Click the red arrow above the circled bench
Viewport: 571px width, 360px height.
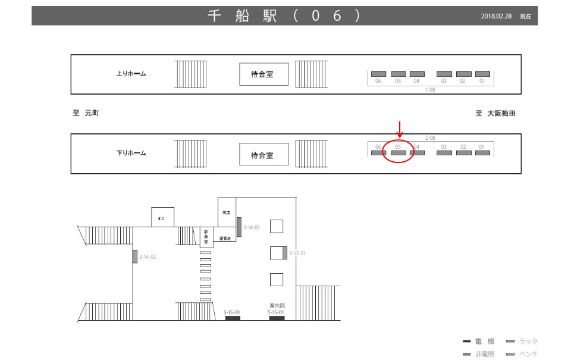tap(400, 129)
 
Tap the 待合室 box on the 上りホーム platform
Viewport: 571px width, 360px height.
tap(262, 74)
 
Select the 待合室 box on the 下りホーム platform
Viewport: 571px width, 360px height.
tap(262, 155)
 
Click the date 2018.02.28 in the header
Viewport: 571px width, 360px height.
tap(496, 17)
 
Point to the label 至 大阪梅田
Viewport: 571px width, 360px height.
tap(495, 114)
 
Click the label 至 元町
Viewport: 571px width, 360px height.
tap(86, 114)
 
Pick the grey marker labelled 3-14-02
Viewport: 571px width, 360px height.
tap(135, 256)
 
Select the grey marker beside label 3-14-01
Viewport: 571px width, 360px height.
tap(239, 227)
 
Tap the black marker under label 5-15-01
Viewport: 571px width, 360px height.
tap(277, 318)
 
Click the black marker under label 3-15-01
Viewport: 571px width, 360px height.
tap(233, 318)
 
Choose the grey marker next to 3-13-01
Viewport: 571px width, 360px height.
tap(285, 253)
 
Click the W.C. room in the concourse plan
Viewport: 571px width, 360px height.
tap(162, 217)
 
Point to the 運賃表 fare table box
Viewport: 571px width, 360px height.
tap(225, 237)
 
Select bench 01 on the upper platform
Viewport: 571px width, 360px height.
tap(482, 74)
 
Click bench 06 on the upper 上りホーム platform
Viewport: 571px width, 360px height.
tap(378, 74)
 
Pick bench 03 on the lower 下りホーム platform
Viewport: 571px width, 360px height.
tap(444, 153)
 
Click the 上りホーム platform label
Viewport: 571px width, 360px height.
tap(131, 74)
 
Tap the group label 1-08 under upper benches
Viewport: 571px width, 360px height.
tap(430, 89)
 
